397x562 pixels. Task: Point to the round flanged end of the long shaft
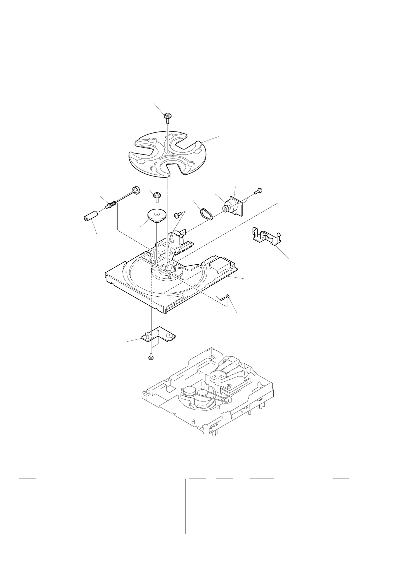(135, 189)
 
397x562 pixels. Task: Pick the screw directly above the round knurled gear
(156, 195)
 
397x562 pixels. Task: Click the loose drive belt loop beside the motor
(206, 214)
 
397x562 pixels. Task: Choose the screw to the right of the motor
(259, 191)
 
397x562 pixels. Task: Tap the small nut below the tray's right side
(227, 296)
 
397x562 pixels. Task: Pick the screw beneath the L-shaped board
(150, 357)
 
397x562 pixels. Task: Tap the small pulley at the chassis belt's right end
(227, 400)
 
